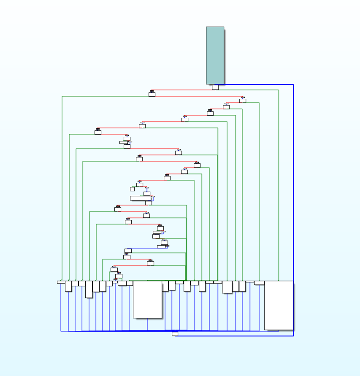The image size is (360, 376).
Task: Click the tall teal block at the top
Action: coord(215,55)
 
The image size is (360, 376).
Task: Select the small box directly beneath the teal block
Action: coord(215,87)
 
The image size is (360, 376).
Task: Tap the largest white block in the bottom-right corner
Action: coord(279,305)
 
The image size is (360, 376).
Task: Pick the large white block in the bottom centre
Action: coord(147,299)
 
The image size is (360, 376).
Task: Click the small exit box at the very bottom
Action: coord(175,334)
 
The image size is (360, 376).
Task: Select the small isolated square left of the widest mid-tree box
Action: coord(132,189)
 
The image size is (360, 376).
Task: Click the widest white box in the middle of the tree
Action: coord(141,198)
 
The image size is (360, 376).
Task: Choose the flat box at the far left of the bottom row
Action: coord(61,282)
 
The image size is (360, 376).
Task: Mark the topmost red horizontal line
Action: coord(181,90)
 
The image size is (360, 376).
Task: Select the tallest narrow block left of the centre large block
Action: coord(89,289)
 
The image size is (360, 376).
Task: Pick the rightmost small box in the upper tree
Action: coord(243,101)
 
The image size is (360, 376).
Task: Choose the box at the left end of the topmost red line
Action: coord(152,95)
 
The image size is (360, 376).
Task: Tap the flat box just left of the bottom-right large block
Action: coord(259,283)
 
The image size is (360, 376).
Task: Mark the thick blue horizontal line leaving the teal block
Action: coord(258,84)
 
